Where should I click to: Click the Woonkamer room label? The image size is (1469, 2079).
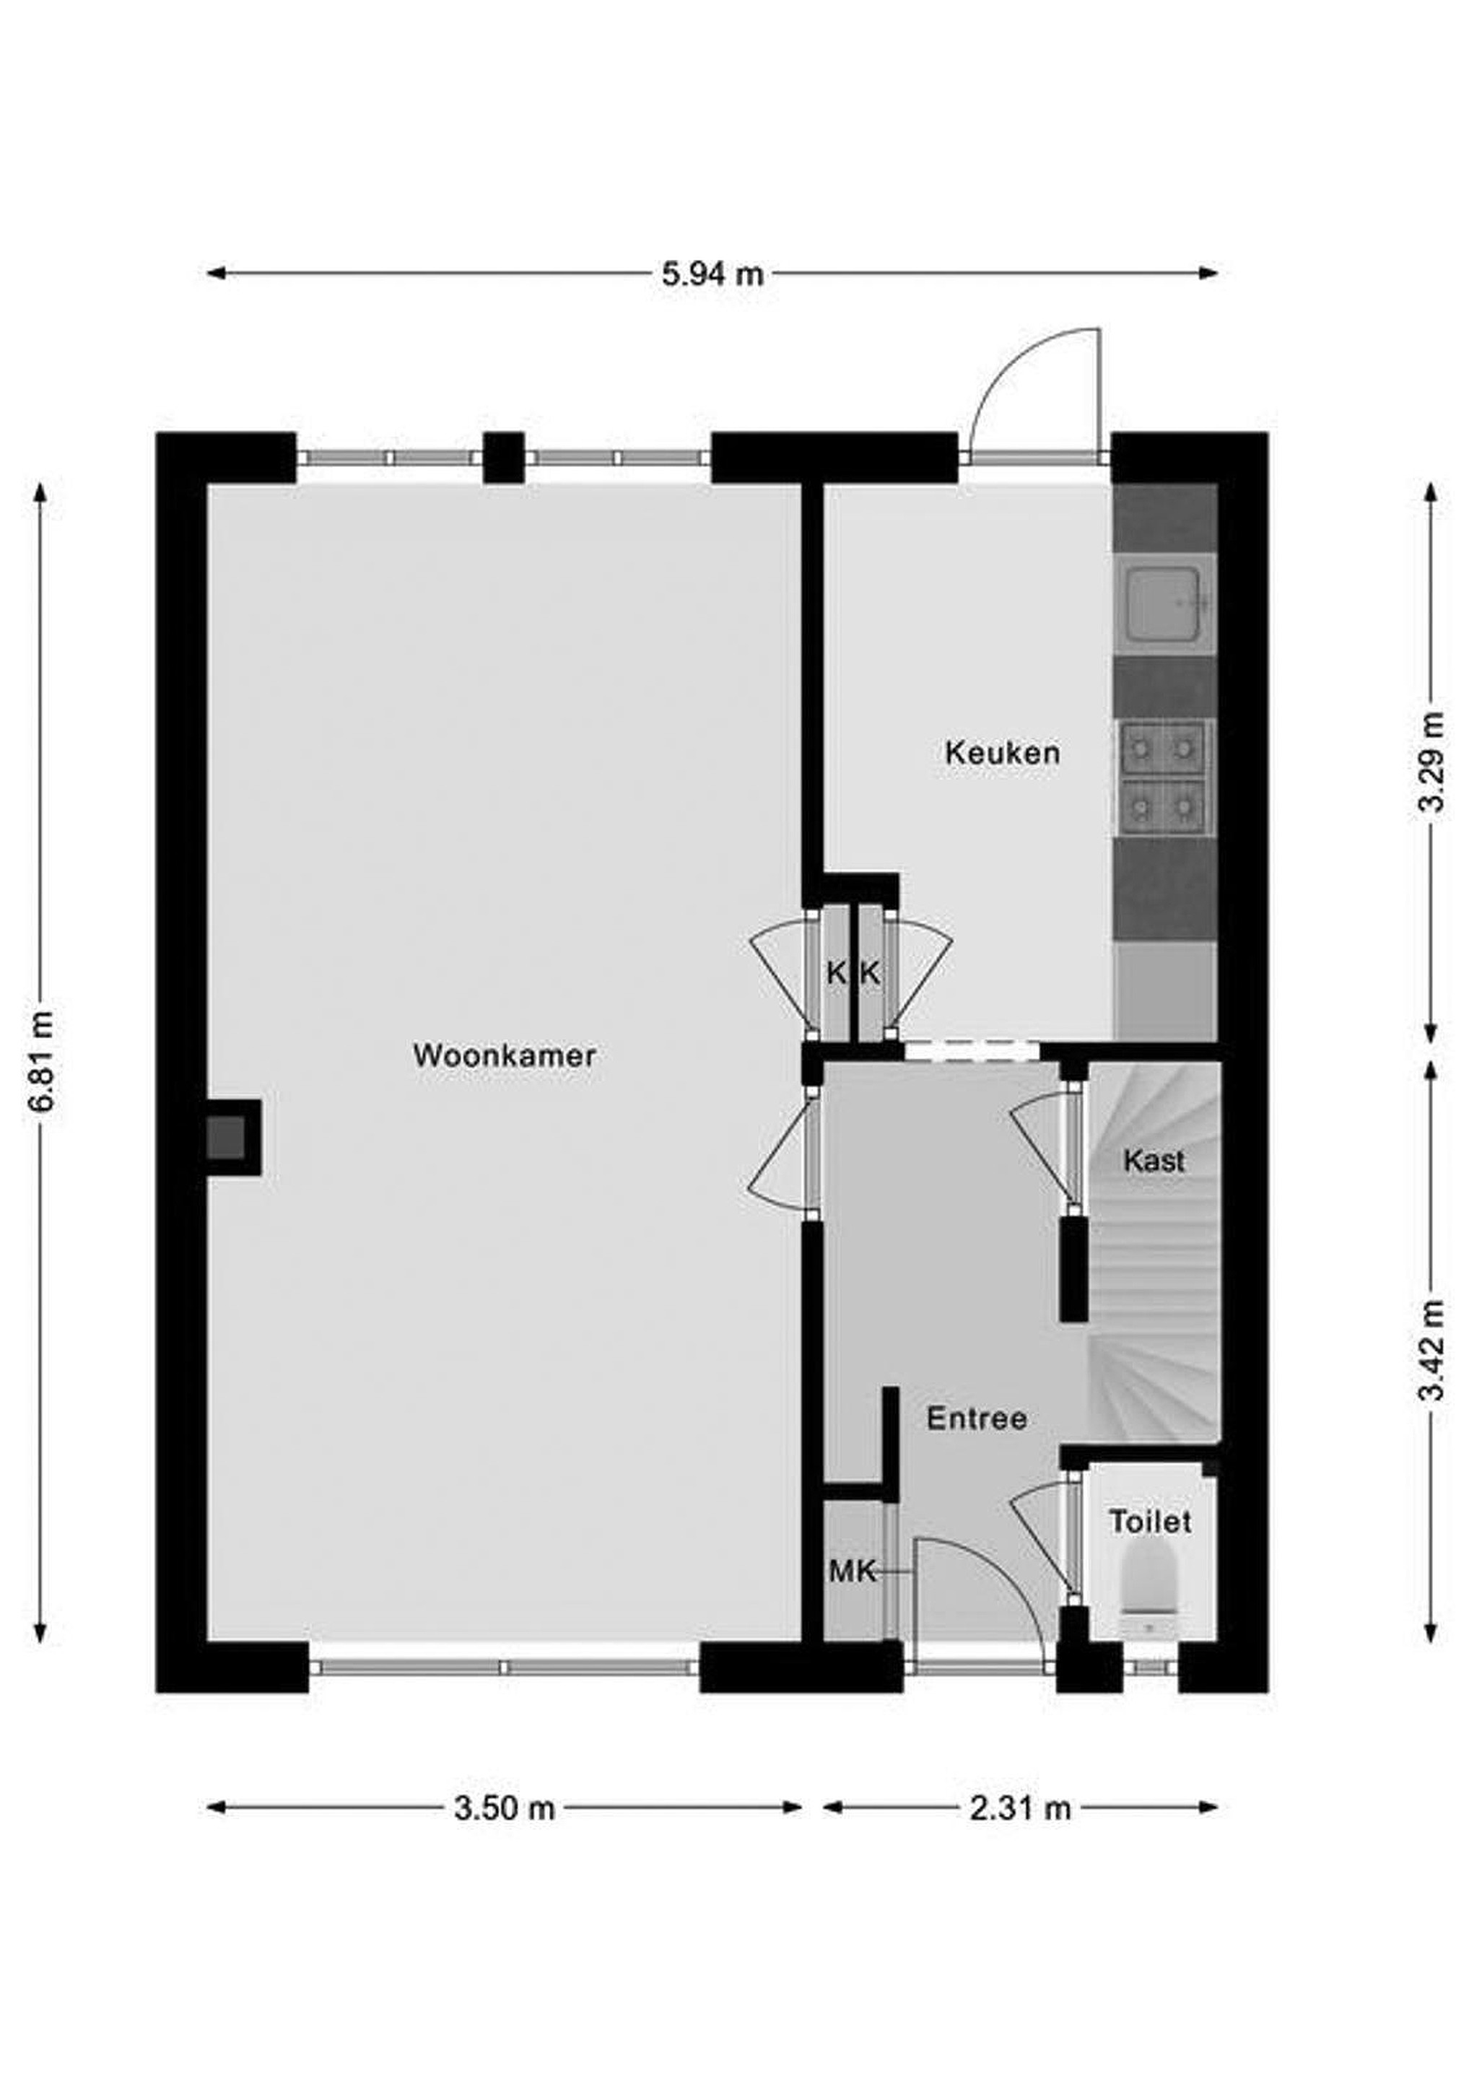pos(505,1056)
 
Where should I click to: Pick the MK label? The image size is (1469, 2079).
pos(853,1572)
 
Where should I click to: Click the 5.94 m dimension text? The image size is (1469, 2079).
pos(712,274)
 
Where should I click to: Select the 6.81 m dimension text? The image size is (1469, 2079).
pos(42,1061)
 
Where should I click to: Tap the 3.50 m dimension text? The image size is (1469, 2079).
pos(505,1808)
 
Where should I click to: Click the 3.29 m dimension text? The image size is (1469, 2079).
pos(1431,762)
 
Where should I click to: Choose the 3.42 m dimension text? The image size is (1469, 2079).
pos(1431,1350)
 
